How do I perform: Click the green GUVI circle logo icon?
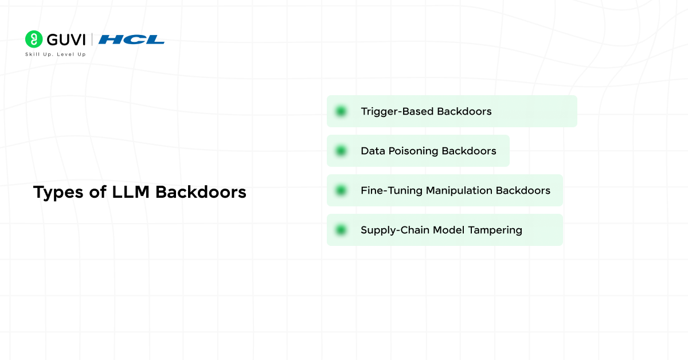[x=34, y=39]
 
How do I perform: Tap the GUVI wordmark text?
[x=66, y=40]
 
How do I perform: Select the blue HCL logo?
[x=131, y=40]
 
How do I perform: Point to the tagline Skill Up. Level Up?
[x=56, y=54]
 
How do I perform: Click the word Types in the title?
[x=58, y=193]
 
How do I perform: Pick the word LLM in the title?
[x=131, y=192]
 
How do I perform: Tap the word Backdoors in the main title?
[x=201, y=192]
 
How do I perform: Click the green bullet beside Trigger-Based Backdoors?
[x=341, y=111]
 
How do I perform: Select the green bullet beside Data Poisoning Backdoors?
[x=341, y=151]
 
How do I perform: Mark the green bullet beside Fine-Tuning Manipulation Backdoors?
[x=341, y=190]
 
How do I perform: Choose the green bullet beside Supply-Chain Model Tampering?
[x=341, y=230]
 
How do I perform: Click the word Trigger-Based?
[x=397, y=112]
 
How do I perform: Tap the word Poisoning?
[x=413, y=151]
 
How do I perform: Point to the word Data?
[x=373, y=151]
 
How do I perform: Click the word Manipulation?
[x=459, y=191]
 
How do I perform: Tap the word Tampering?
[x=495, y=230]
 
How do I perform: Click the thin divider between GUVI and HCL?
[x=92, y=40]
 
